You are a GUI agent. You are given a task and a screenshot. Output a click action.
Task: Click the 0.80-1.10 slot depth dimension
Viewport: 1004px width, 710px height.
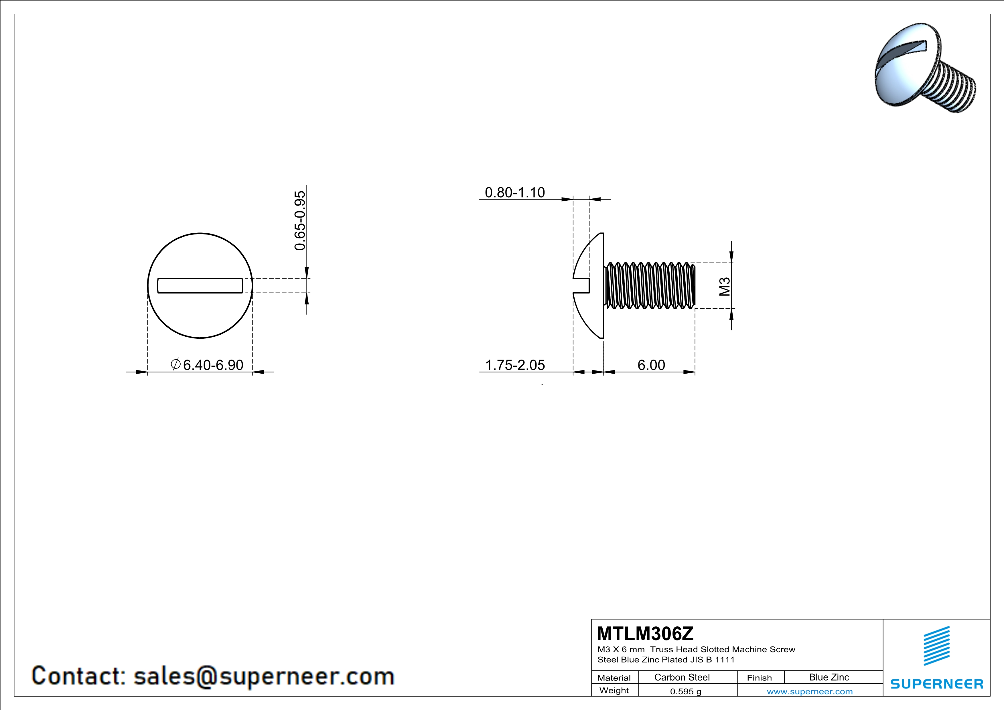click(x=515, y=192)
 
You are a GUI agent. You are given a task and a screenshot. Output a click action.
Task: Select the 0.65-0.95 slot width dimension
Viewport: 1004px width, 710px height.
click(x=300, y=220)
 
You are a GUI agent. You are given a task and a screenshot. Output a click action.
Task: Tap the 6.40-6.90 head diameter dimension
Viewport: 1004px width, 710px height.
click(x=213, y=365)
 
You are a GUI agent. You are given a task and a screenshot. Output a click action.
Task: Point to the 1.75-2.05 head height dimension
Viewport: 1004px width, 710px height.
click(x=515, y=365)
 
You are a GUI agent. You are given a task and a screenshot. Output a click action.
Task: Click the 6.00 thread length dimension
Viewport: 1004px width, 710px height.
click(x=651, y=365)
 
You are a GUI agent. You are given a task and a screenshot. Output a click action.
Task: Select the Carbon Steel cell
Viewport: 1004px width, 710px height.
click(x=682, y=677)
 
